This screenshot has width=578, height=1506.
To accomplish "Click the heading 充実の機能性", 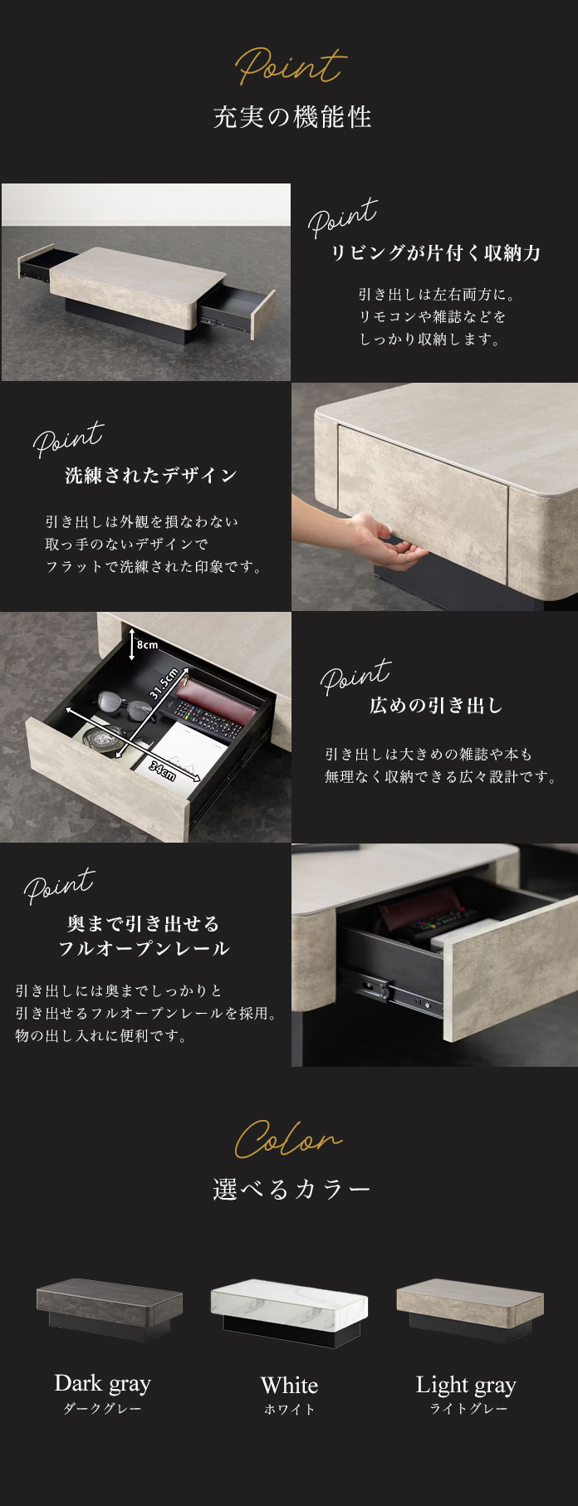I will (x=291, y=117).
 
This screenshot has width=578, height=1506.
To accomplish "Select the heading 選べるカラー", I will (x=291, y=1189).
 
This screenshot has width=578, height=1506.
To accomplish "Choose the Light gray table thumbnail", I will (x=469, y=1308).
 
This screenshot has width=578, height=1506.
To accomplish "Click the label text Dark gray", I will (x=102, y=1383).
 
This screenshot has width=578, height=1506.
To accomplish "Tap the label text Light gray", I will (x=466, y=1385).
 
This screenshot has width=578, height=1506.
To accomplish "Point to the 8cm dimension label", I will (x=147, y=644).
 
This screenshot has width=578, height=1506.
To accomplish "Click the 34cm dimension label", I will (x=162, y=770).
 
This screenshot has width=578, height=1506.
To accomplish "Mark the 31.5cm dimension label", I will (x=164, y=682).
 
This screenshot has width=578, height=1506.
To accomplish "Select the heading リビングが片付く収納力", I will (x=435, y=253).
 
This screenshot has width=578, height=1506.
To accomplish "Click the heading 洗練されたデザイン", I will (x=151, y=475).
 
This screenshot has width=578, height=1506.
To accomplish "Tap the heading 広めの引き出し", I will (x=436, y=706).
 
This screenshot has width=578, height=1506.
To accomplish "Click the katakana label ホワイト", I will (x=289, y=1409).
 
